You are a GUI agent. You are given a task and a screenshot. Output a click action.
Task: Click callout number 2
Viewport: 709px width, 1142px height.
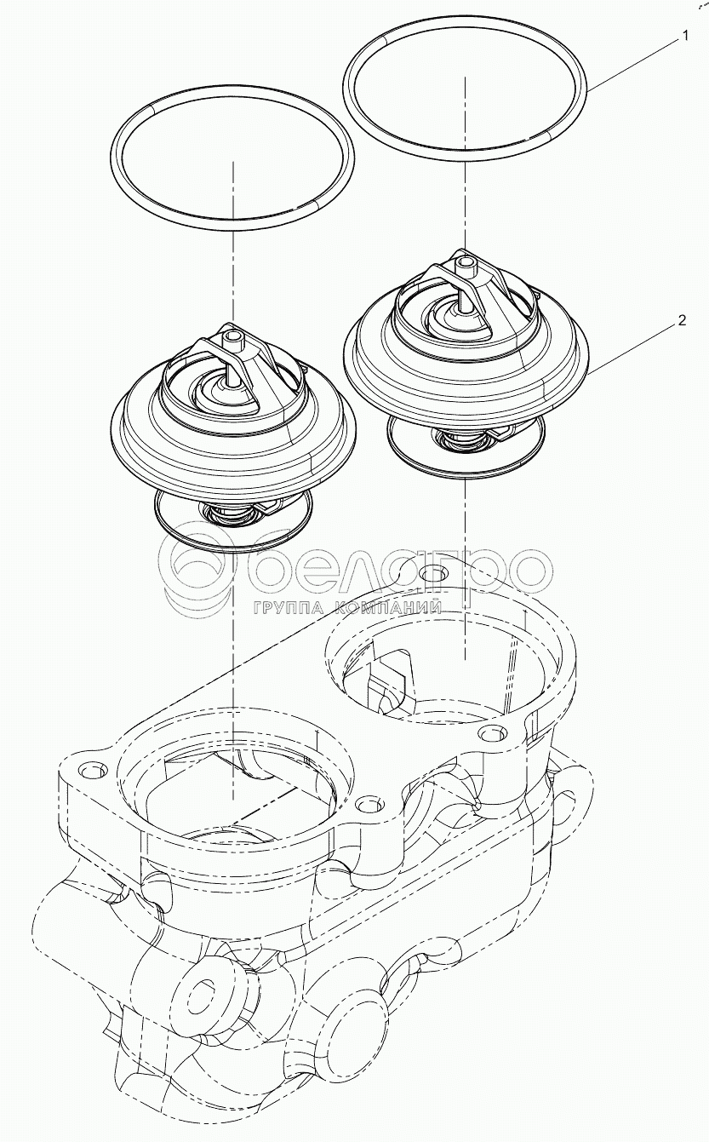tap(682, 320)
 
